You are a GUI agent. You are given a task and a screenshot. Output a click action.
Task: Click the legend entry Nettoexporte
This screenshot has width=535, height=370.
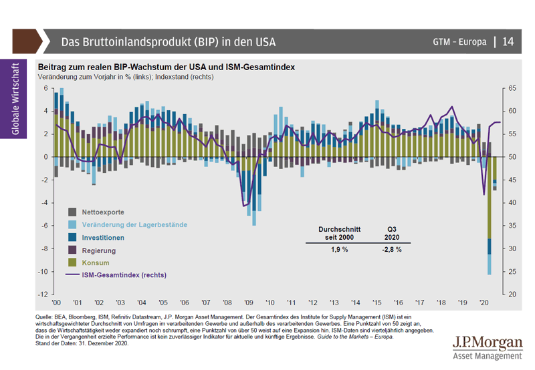point(102,212)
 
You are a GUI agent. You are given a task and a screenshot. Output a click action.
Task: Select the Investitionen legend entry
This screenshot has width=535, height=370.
point(104,237)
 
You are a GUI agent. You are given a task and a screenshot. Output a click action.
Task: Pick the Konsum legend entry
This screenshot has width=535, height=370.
point(95,262)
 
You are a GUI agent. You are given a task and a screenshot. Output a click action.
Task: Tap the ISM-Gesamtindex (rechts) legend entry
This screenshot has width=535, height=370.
point(124,274)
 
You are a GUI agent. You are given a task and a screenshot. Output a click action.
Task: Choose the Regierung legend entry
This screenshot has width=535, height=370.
point(99,250)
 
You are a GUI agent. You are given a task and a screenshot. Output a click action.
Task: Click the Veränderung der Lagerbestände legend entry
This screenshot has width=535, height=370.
point(134,224)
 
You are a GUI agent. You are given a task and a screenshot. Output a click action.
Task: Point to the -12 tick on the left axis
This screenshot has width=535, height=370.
point(42,295)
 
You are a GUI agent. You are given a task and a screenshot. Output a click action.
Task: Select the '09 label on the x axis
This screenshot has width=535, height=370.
point(247,303)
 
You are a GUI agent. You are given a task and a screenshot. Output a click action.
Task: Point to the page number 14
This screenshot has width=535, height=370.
point(508,41)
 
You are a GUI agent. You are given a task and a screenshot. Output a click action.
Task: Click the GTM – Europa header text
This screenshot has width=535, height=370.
point(459,42)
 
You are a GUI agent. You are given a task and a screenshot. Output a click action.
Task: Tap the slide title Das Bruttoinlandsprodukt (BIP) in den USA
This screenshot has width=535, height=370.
point(169,42)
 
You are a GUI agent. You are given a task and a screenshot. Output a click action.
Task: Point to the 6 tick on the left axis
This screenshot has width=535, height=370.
point(45,88)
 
